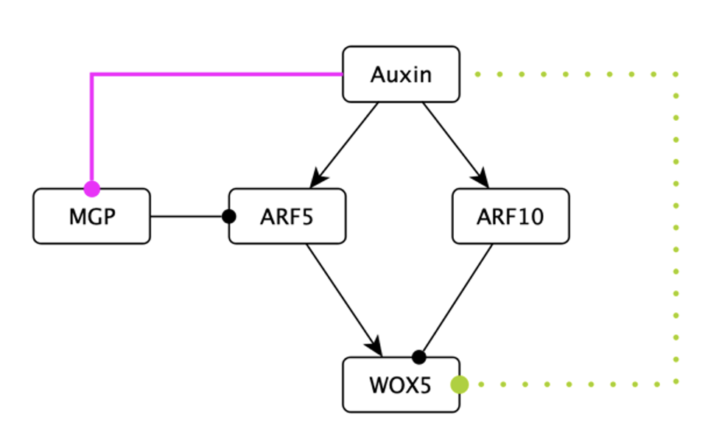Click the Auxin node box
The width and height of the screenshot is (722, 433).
(x=401, y=74)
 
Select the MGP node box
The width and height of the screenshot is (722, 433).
(x=91, y=216)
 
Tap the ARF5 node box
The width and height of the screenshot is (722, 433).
(x=287, y=216)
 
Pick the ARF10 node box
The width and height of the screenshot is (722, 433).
(x=511, y=216)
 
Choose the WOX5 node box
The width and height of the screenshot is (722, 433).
(x=401, y=384)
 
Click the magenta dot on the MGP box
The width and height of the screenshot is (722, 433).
(x=91, y=189)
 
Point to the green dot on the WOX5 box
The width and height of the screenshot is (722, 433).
(x=460, y=384)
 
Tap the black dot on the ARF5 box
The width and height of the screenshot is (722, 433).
(x=229, y=216)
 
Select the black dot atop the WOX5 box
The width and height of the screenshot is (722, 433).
(x=419, y=357)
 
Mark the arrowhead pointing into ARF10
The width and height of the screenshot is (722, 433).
(x=482, y=179)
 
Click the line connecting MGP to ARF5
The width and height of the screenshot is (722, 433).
(x=188, y=216)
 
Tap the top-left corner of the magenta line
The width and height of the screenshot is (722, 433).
(x=91, y=74)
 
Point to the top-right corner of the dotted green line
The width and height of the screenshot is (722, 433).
(x=676, y=74)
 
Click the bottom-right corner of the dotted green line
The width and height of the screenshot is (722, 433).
(x=676, y=384)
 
